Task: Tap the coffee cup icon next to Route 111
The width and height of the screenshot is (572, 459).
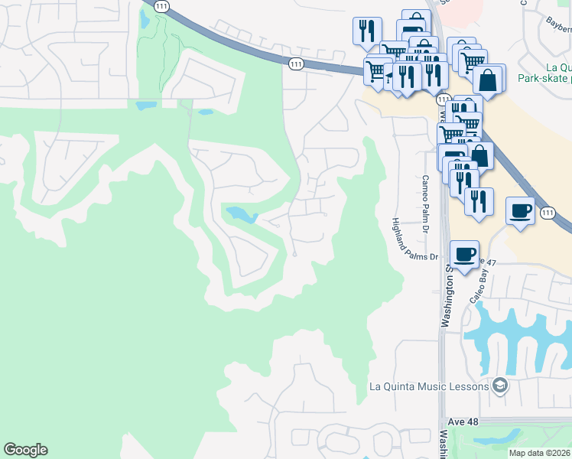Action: (520, 210)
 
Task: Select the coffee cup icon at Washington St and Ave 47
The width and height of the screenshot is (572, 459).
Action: (465, 252)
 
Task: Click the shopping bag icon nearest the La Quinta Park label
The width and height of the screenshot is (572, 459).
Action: (488, 79)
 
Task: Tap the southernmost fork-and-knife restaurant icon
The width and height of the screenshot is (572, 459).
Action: (479, 201)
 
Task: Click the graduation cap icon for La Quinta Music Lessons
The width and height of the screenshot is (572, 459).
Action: (500, 385)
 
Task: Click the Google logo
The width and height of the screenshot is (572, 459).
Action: (25, 450)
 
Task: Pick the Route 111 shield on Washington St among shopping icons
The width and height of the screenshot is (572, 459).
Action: (443, 100)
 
